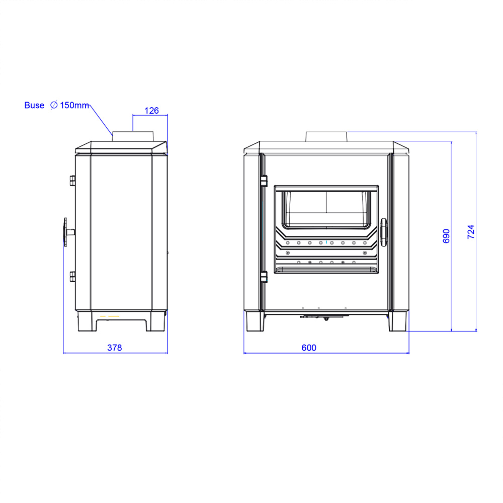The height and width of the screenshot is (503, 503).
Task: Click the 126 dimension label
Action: pyautogui.click(x=151, y=111)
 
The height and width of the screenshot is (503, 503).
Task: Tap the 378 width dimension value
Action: pyautogui.click(x=115, y=348)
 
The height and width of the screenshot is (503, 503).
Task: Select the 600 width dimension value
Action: pyautogui.click(x=309, y=348)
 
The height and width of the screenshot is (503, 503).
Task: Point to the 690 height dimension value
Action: pyautogui.click(x=446, y=236)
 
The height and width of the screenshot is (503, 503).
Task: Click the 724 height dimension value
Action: pyautogui.click(x=471, y=231)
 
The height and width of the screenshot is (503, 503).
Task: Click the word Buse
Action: pyautogui.click(x=34, y=105)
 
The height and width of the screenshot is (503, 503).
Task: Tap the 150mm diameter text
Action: pyautogui.click(x=74, y=105)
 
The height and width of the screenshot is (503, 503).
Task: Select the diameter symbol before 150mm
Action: pyautogui.click(x=54, y=105)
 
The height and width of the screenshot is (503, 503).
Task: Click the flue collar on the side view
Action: pyautogui.click(x=133, y=136)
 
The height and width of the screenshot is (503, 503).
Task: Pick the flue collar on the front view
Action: pyautogui.click(x=326, y=136)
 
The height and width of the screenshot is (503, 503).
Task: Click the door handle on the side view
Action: pyautogui.click(x=68, y=232)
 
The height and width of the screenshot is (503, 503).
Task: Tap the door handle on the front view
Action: pyautogui.click(x=384, y=232)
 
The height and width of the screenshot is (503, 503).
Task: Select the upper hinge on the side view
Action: pyautogui.click(x=72, y=181)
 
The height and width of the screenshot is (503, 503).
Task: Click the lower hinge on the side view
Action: pyautogui.click(x=72, y=277)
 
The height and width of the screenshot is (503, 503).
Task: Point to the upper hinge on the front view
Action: pyautogui.click(x=264, y=181)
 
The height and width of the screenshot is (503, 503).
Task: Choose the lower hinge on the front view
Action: pyautogui.click(x=264, y=277)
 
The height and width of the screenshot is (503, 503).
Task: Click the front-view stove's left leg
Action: pyautogui.click(x=255, y=321)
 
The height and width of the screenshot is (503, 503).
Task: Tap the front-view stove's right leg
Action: pyautogui.click(x=398, y=321)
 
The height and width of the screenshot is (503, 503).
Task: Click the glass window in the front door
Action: pyautogui.click(x=326, y=210)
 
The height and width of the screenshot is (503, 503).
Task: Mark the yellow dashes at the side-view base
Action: pyautogui.click(x=110, y=316)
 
